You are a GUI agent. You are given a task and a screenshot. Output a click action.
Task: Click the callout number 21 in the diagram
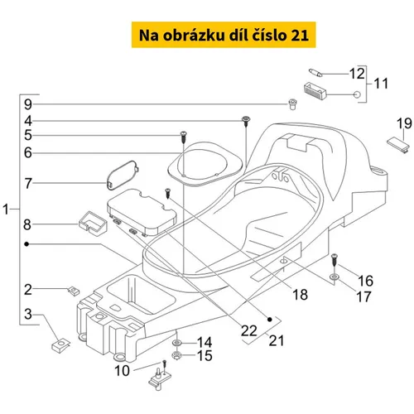pos(277,340)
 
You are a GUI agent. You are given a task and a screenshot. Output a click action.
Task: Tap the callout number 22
pos(249,330)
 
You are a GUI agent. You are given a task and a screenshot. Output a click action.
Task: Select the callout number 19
pos(404,123)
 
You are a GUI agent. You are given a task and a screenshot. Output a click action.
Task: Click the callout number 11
pos(381,84)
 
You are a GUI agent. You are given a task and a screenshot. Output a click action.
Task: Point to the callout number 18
pos(300,295)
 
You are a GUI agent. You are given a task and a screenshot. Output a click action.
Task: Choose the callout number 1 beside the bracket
pos(6,209)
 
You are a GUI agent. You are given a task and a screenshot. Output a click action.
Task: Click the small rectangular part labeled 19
pos(398,146)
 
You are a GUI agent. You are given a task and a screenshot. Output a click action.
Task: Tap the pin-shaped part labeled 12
pos(315,73)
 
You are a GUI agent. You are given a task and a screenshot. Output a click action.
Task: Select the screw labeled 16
pos(335,259)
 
